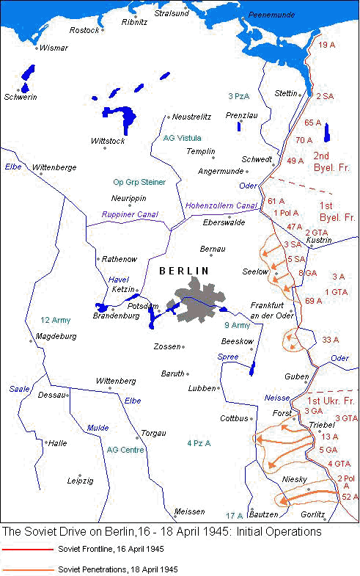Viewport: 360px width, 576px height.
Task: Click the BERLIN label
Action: pyautogui.click(x=184, y=270)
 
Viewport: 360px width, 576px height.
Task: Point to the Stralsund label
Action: pyautogui.click(x=171, y=13)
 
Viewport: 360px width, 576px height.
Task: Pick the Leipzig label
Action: pyautogui.click(x=80, y=481)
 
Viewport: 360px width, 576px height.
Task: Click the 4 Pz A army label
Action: pyautogui.click(x=199, y=443)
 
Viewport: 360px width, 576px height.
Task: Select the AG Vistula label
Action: pyautogui.click(x=182, y=137)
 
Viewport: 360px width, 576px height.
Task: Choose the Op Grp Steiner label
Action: pyautogui.click(x=139, y=182)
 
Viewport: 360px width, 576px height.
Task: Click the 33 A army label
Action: pyautogui.click(x=330, y=339)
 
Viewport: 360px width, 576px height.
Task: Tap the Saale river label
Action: pyautogui.click(x=18, y=388)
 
